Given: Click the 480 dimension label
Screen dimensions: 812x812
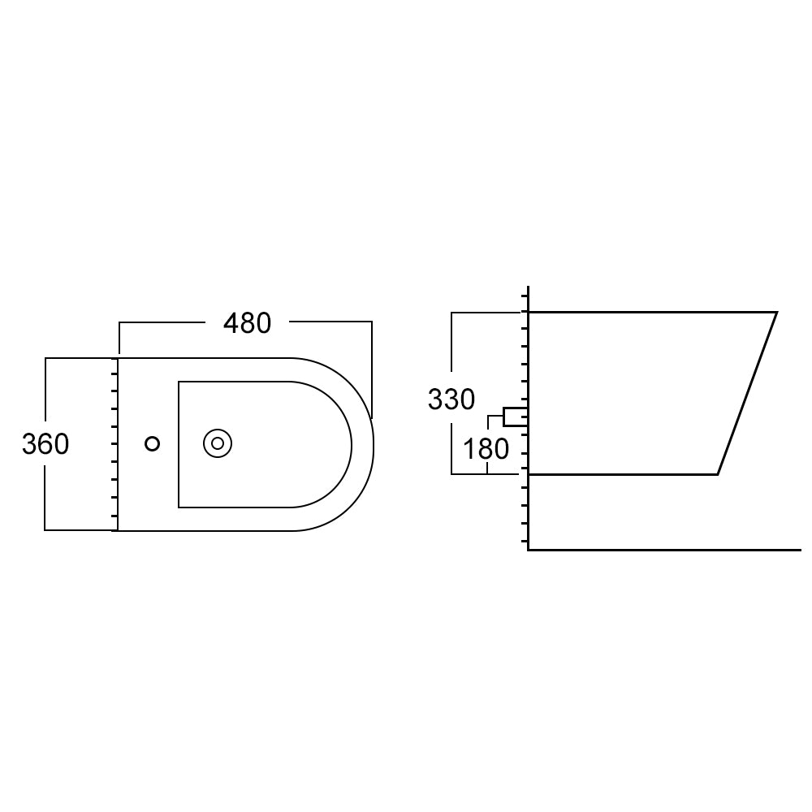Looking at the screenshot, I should [247, 323].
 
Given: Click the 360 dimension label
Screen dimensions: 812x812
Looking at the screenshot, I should [45, 444].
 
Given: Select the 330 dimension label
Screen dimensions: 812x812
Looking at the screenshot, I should [451, 400].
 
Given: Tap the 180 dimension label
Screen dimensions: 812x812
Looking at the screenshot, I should [485, 448].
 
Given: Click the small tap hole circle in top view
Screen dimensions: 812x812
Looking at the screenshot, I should [152, 443].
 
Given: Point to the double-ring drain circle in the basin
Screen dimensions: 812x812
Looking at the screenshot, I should [218, 443].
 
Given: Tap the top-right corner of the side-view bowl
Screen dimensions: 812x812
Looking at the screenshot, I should [776, 312].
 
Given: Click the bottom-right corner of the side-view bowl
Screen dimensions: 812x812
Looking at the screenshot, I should [718, 473].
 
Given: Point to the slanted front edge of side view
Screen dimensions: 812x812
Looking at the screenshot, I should [747, 393].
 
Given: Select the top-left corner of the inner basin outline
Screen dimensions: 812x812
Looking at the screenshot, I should [179, 382].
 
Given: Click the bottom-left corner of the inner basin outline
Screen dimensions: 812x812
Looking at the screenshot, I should [179, 507].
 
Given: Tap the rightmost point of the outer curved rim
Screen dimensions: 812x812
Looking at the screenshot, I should [374, 444].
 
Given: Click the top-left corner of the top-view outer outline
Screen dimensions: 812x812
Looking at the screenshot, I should [119, 358].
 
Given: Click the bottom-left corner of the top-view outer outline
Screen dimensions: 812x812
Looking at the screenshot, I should [119, 530].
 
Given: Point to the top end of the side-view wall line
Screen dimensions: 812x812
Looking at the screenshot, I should [529, 287].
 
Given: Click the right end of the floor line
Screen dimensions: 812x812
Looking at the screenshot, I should [800, 550].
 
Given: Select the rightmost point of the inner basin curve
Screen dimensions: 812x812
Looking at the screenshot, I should [352, 444].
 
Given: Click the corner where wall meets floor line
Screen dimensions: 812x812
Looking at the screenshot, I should [529, 550].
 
